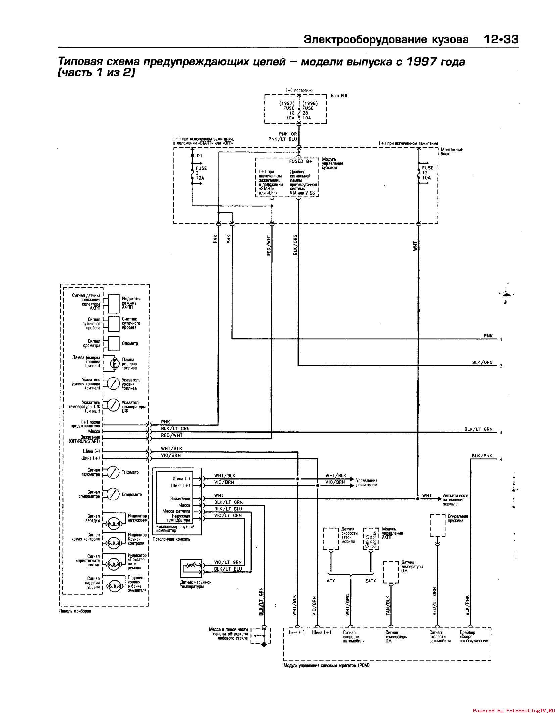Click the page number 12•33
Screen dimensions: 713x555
point(501,40)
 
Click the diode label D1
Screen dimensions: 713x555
point(199,156)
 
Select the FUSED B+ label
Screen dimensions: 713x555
point(301,161)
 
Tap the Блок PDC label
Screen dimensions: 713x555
point(340,96)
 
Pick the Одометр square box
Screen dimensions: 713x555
point(114,343)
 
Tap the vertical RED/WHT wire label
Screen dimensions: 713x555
point(269,246)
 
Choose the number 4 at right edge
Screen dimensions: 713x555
point(501,459)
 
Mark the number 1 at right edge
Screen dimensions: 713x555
point(501,339)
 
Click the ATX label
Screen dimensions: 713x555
point(331,581)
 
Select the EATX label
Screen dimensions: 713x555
point(371,581)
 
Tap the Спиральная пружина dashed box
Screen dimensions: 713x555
point(438,526)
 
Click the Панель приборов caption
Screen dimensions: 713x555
point(75,611)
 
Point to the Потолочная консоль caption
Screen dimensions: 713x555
point(171,539)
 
